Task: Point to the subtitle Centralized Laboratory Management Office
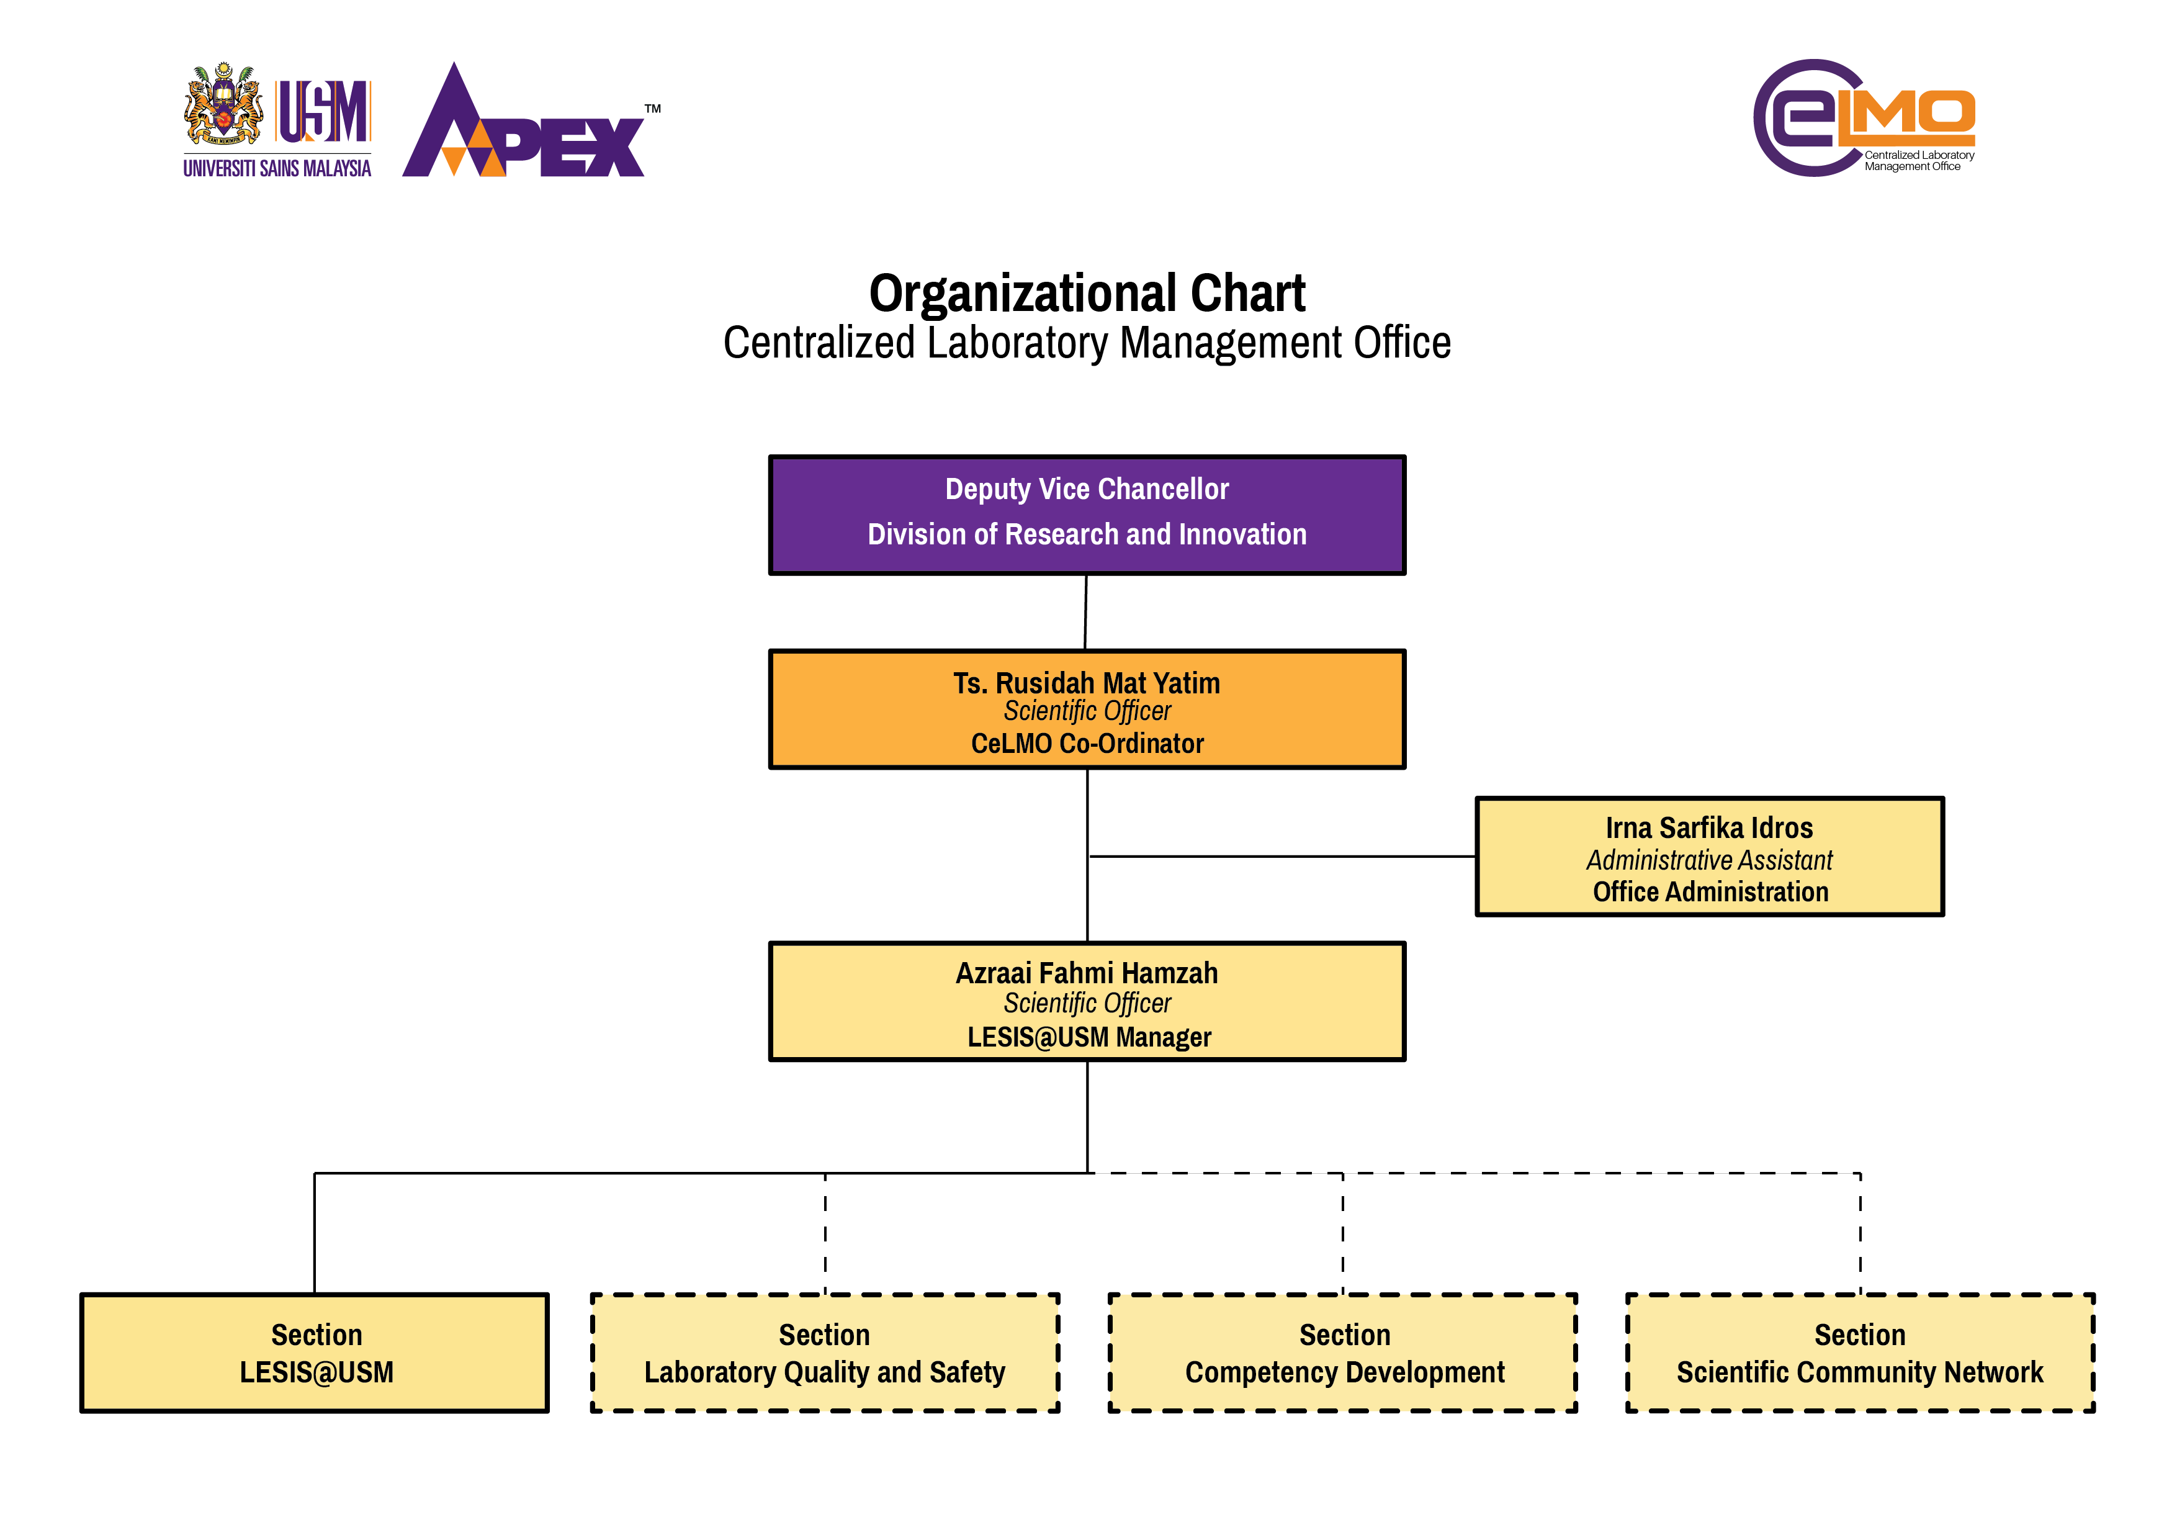click(x=1087, y=343)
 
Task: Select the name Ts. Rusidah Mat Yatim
click(x=1087, y=683)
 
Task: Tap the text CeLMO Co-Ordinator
click(x=1087, y=744)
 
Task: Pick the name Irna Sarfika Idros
click(x=1708, y=828)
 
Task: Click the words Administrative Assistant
click(x=1708, y=860)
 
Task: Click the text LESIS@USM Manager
click(x=1088, y=1037)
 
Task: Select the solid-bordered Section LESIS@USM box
click(x=315, y=1353)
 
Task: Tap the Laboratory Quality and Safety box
click(x=825, y=1353)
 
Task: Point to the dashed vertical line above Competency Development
click(x=1342, y=1233)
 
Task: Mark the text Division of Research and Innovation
click(x=1087, y=535)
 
